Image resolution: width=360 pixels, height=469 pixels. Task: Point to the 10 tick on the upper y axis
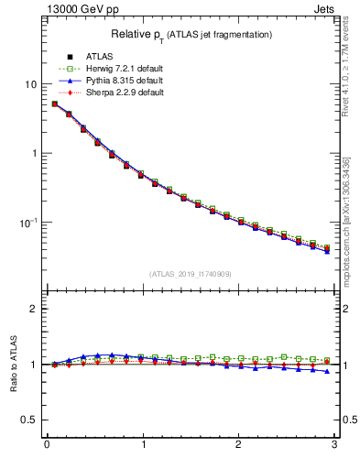(29, 84)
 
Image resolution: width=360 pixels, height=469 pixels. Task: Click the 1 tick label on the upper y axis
(33, 153)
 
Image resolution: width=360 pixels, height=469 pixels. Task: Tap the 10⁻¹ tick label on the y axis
(27, 222)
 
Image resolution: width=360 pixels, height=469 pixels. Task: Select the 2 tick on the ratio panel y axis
(33, 309)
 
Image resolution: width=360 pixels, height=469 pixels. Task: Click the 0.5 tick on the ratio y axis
(28, 420)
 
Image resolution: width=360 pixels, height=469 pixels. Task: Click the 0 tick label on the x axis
(46, 445)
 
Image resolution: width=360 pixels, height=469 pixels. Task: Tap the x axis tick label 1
(142, 445)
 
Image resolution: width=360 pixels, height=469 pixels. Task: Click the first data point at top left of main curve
(54, 104)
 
